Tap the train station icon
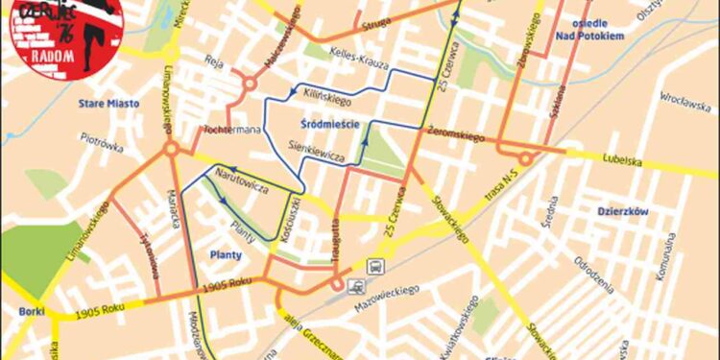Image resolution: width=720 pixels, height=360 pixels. (x=356, y=284)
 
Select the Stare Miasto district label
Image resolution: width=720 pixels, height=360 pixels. (x=108, y=103)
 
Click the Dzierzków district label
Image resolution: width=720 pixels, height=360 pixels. (x=622, y=211)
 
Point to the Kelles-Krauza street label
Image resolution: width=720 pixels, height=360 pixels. (x=357, y=60)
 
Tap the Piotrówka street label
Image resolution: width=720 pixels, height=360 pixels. (x=102, y=144)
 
